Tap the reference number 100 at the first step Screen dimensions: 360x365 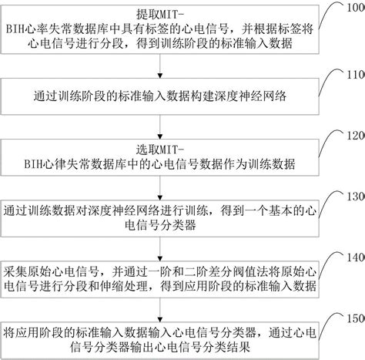click(x=356, y=7)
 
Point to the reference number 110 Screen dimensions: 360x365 click(x=356, y=75)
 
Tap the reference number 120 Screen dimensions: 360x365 click(x=356, y=135)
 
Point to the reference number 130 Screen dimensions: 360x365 click(x=356, y=196)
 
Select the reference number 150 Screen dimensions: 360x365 click(x=356, y=317)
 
